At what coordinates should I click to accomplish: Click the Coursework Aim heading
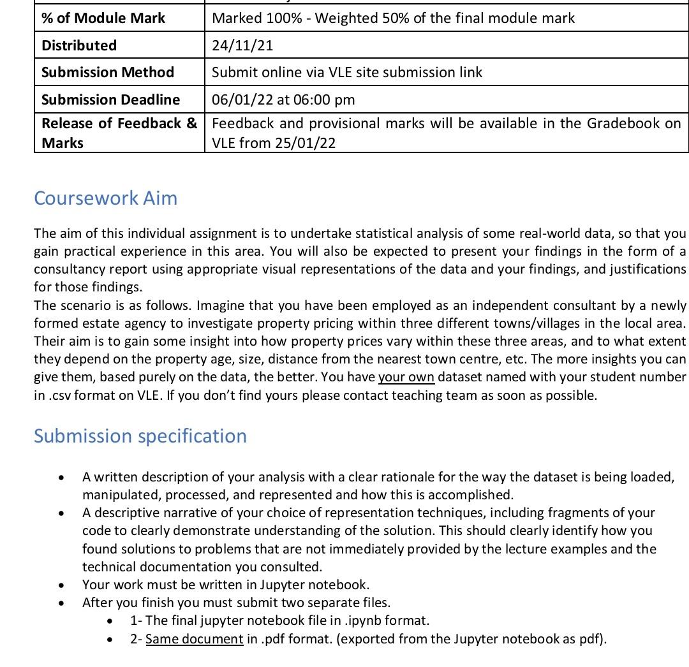(105, 198)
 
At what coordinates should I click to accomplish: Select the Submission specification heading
(140, 436)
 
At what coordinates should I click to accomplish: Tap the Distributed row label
(79, 45)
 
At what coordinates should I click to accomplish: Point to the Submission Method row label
(107, 73)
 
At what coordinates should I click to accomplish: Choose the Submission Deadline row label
(110, 99)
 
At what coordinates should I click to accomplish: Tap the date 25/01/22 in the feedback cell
(305, 143)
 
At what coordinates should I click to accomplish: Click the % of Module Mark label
(103, 18)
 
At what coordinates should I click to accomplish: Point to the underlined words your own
(406, 377)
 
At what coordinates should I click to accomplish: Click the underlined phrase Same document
(195, 639)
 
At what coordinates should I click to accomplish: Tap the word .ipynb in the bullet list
(363, 620)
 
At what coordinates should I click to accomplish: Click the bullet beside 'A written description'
(61, 478)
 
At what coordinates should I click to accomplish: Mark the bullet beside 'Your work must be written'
(61, 585)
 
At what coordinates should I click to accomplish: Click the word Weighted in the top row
(345, 18)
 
